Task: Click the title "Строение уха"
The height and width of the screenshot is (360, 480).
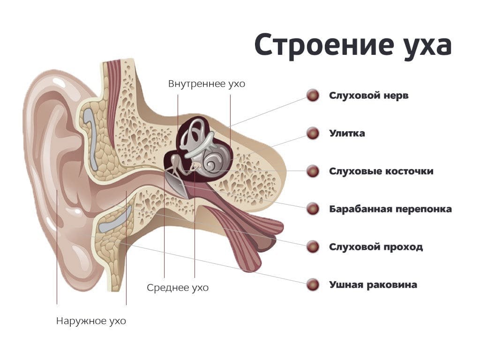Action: pos(353,46)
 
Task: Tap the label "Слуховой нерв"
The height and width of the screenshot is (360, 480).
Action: pos(368,96)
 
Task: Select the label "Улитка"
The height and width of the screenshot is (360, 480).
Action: pos(347,133)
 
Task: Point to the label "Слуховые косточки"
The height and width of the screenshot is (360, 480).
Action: pos(381,171)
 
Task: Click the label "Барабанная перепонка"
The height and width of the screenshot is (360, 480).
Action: pos(390,209)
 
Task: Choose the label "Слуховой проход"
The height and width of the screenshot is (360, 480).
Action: pos(376,247)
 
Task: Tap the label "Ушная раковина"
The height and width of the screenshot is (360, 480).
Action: pos(373,285)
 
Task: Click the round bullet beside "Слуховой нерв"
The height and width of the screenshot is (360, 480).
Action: pos(313,96)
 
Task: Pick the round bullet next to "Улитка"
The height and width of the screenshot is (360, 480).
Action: pos(313,134)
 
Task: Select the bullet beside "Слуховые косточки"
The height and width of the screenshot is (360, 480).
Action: pos(313,171)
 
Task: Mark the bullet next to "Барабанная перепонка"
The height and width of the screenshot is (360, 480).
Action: pos(313,209)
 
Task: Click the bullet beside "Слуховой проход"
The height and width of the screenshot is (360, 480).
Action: pos(313,247)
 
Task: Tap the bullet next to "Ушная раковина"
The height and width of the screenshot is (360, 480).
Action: pos(313,285)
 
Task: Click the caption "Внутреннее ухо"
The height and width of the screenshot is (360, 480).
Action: pos(207,84)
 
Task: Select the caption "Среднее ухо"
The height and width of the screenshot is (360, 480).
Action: pos(178,288)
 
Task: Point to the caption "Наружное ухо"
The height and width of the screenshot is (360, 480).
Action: pos(91,321)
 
